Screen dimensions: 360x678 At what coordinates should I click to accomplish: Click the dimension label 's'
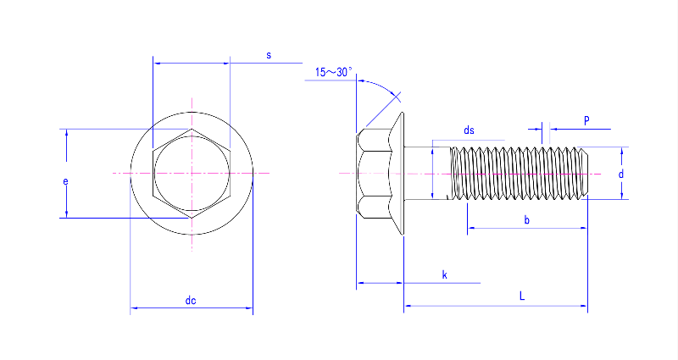[269, 55]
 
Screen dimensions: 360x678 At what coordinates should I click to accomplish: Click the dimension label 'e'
[65, 181]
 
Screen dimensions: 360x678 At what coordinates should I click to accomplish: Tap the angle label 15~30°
[333, 73]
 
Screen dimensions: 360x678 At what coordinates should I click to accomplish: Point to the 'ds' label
[469, 130]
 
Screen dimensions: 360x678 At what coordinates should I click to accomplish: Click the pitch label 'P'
[586, 120]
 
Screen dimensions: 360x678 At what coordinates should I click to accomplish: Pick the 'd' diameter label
[621, 174]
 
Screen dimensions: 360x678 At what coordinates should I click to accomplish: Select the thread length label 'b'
[526, 220]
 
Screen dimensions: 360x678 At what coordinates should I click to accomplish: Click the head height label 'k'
[444, 275]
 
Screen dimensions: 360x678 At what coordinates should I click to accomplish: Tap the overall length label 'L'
[522, 296]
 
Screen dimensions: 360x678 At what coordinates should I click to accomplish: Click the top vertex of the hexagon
[192, 130]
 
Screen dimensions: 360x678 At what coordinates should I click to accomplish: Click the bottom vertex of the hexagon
[192, 218]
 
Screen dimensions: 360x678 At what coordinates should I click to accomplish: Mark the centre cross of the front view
[192, 173]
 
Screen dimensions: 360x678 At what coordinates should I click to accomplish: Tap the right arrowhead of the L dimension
[584, 305]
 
